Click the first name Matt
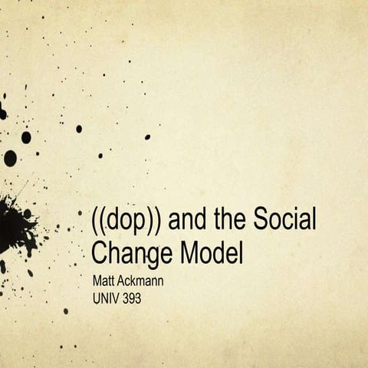pos(103,281)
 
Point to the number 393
pos(133,295)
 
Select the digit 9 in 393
pos(133,295)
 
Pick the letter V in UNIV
pos(117,295)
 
